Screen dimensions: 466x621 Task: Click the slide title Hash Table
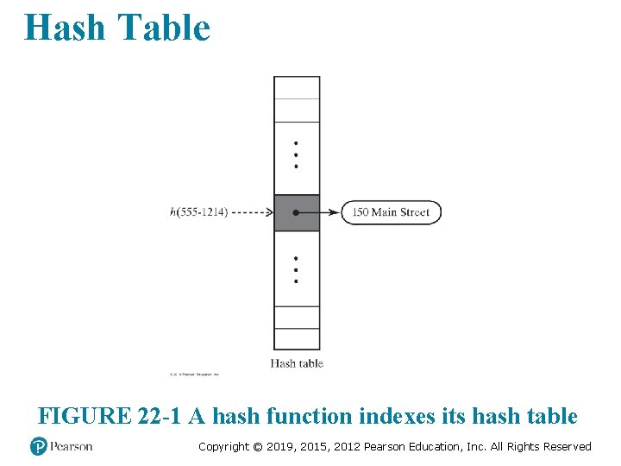(117, 28)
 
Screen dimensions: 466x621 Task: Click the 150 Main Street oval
(391, 212)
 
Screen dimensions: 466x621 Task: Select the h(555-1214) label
(199, 212)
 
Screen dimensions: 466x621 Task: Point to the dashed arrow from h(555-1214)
(251, 212)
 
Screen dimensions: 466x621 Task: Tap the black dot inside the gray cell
(296, 212)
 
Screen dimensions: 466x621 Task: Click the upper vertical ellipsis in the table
(296, 154)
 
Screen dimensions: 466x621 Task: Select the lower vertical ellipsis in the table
(296, 269)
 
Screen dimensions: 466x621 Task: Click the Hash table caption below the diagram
(297, 363)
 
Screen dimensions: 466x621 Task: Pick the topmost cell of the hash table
(297, 87)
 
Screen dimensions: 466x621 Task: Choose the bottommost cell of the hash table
(297, 338)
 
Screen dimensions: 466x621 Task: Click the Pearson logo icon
(39, 446)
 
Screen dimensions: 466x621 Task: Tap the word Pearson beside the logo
(71, 446)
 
